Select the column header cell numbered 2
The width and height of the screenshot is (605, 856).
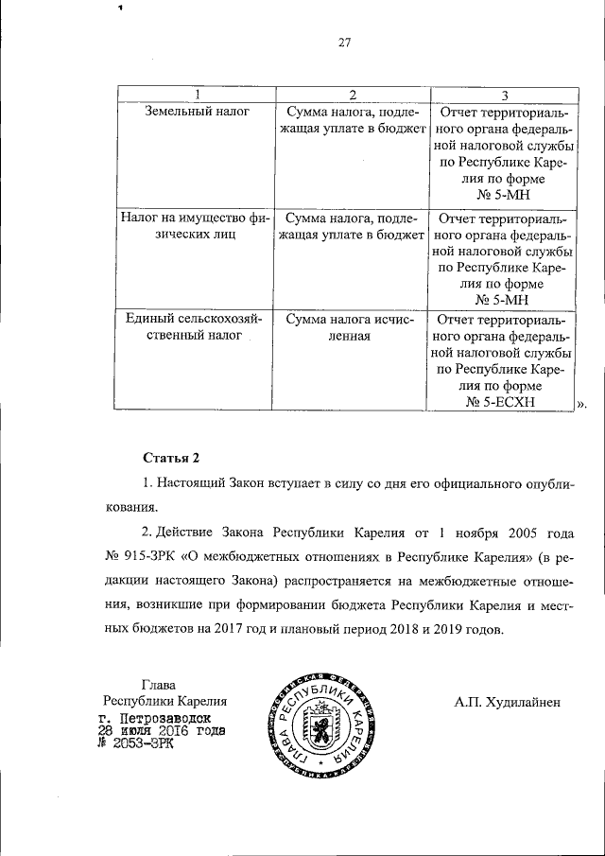(351, 95)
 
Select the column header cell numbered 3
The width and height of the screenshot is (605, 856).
(504, 95)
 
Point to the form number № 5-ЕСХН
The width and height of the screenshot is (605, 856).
(501, 402)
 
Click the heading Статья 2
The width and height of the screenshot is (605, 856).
(170, 459)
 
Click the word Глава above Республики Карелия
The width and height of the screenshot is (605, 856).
(158, 684)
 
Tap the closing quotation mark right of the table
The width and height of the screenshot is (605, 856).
(580, 405)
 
